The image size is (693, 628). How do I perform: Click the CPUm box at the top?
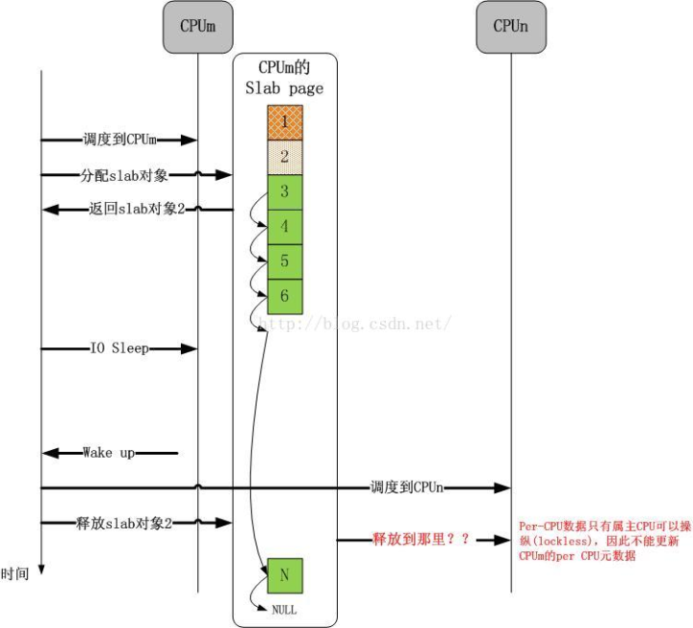(197, 27)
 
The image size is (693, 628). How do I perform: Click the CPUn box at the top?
(510, 27)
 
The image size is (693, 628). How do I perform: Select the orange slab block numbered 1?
(285, 122)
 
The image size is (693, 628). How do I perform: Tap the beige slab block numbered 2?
(285, 157)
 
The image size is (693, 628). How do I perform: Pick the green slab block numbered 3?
(285, 191)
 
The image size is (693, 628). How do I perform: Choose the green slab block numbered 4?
(285, 227)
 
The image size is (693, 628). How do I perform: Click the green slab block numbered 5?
(285, 262)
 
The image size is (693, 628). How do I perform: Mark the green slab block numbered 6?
(285, 296)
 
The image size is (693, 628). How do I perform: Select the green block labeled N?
(285, 575)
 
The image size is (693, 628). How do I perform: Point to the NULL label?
(284, 610)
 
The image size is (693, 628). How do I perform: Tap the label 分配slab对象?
(122, 175)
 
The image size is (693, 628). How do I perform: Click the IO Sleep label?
(119, 348)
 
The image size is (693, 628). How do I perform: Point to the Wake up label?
(109, 452)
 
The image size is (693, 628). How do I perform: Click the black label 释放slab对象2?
(124, 523)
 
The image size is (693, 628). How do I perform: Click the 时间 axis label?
(14, 574)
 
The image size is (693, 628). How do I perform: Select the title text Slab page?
(285, 88)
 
